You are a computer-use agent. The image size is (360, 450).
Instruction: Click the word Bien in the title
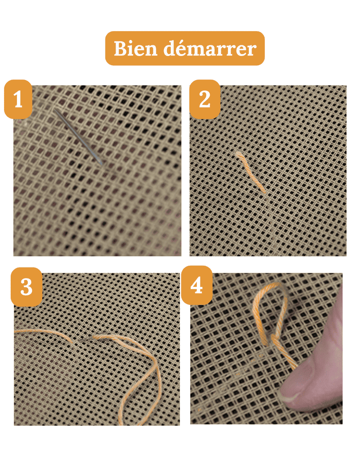tap(136, 48)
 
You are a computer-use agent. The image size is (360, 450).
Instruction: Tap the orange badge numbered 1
tap(18, 100)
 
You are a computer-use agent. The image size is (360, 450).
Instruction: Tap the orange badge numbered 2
tap(205, 100)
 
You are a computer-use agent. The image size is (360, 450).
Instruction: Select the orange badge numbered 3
tap(26, 287)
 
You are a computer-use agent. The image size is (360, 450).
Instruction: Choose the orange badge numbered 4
tap(196, 286)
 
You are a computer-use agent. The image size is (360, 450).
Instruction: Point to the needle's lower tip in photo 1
tap(102, 163)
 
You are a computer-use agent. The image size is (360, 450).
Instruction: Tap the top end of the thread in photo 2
tap(239, 154)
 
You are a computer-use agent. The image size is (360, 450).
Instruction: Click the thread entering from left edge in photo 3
tap(31, 331)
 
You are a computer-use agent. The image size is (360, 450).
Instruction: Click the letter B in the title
tap(120, 48)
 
